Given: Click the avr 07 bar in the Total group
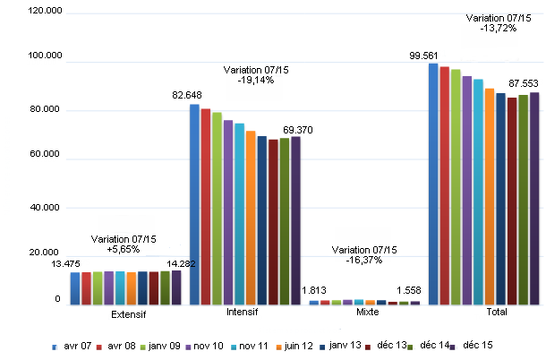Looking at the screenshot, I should coord(433,184).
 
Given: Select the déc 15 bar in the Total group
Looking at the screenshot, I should coord(534,198).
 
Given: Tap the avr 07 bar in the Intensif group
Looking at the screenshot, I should coord(194,204).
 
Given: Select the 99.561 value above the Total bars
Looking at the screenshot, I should coord(425,55).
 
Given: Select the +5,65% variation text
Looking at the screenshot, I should coord(124,249).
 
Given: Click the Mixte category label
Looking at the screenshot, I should coord(366,313).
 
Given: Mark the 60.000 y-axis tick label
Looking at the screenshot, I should coord(46,158).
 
